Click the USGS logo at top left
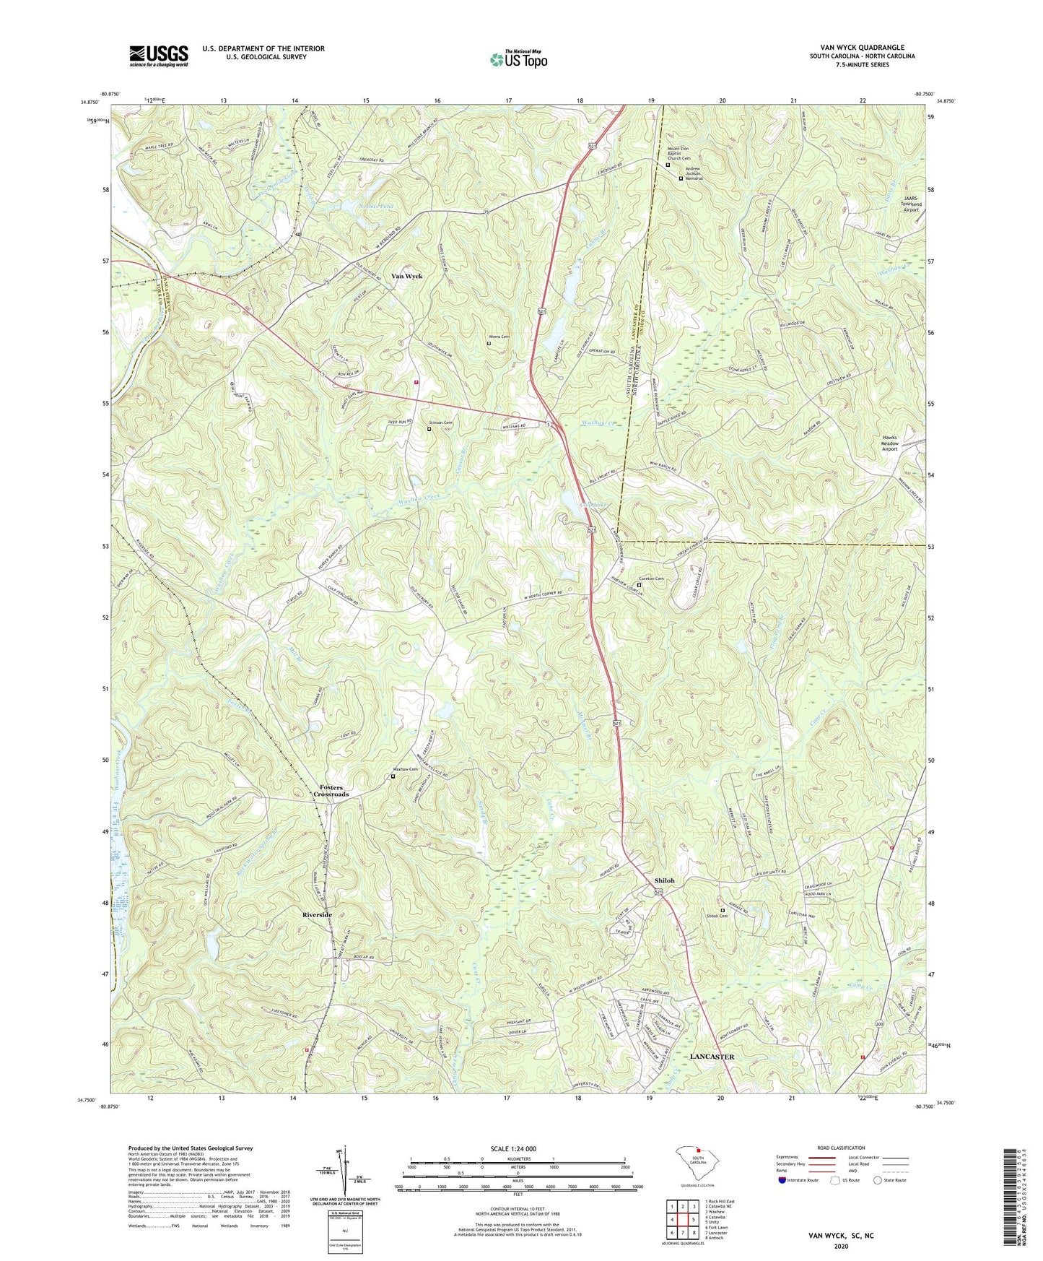159,55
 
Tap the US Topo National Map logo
517,59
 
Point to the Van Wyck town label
406,276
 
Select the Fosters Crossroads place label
331,791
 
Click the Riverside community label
317,914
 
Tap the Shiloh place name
664,880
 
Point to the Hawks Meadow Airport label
889,443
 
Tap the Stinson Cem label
440,422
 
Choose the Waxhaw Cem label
405,769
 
